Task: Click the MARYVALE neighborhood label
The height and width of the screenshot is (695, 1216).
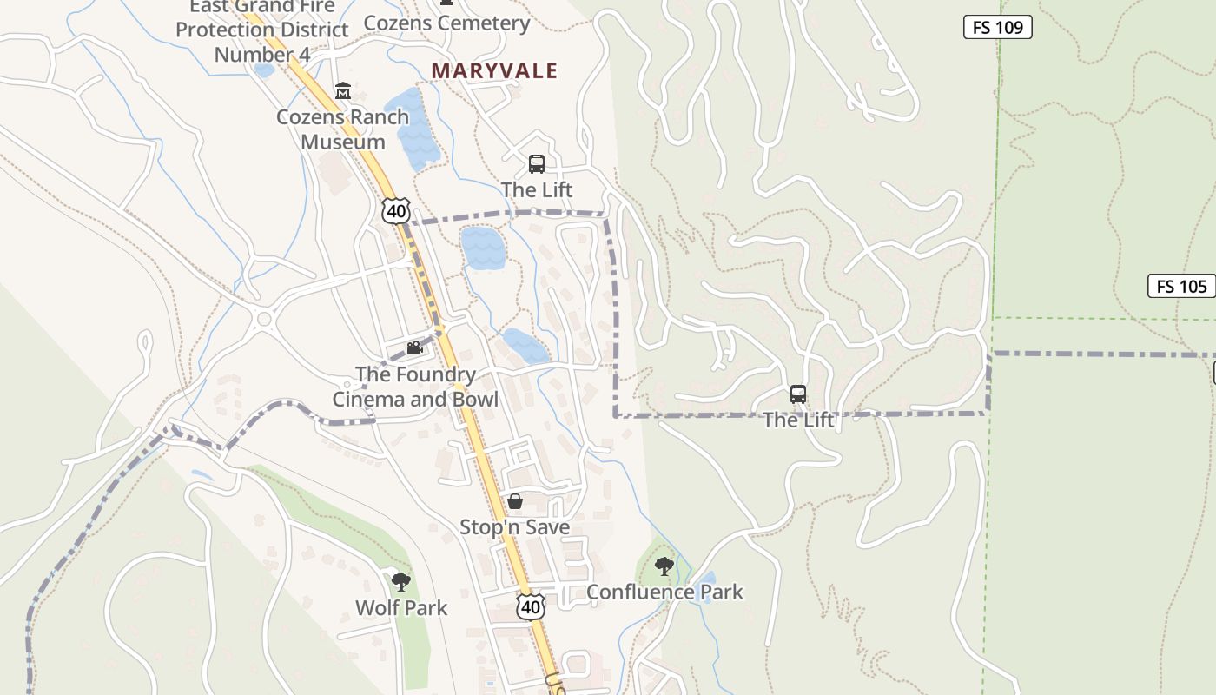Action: (x=494, y=70)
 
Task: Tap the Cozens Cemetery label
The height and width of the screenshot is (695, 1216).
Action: (x=446, y=23)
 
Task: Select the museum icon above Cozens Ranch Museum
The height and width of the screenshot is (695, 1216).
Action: (x=343, y=91)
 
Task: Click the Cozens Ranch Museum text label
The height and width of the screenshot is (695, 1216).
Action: (x=342, y=129)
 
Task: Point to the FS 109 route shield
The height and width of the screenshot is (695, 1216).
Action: (x=997, y=27)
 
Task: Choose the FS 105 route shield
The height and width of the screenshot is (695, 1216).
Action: (x=1181, y=286)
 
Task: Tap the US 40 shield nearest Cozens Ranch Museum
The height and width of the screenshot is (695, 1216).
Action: (x=395, y=210)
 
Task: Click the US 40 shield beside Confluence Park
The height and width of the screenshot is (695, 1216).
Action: (x=531, y=606)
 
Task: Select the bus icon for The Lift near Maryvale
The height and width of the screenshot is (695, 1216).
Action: (x=537, y=163)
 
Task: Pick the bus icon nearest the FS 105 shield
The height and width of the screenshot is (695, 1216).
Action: (x=798, y=394)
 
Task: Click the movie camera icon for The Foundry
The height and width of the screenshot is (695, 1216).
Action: (x=415, y=348)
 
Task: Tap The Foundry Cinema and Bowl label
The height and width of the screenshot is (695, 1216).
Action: (x=415, y=387)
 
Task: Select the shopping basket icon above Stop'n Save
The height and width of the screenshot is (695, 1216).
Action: (x=515, y=501)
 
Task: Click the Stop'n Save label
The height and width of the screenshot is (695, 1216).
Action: (x=514, y=527)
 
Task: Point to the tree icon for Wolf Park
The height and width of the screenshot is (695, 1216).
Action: (x=400, y=581)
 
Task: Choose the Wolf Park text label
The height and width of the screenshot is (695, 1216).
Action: (x=401, y=607)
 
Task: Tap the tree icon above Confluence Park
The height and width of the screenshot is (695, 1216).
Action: (x=664, y=566)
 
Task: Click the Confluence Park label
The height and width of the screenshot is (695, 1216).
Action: (x=664, y=592)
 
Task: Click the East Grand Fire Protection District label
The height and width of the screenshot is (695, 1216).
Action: (x=262, y=30)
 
